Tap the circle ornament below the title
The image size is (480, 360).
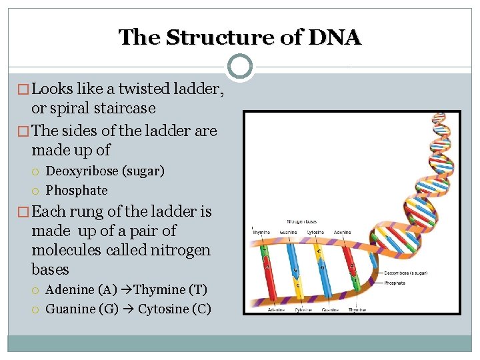(x=240, y=67)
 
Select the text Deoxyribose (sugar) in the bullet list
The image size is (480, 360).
(x=105, y=171)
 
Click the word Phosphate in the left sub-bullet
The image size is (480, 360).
(x=77, y=191)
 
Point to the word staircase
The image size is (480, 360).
(x=125, y=108)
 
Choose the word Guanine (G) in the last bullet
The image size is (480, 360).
(x=82, y=309)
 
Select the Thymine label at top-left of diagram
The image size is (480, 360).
(x=261, y=232)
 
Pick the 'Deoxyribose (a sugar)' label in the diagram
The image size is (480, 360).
(x=405, y=273)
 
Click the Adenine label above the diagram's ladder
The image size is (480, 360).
(x=343, y=232)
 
